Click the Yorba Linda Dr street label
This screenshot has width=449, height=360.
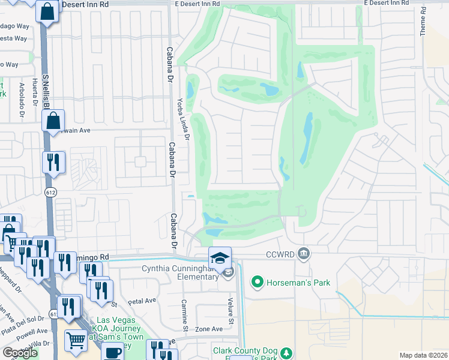182,119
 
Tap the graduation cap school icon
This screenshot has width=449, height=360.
220,257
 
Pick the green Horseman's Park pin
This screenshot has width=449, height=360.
258,281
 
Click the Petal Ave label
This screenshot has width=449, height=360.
142,301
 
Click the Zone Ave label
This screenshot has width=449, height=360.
209,329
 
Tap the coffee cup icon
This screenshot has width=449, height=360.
112,352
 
